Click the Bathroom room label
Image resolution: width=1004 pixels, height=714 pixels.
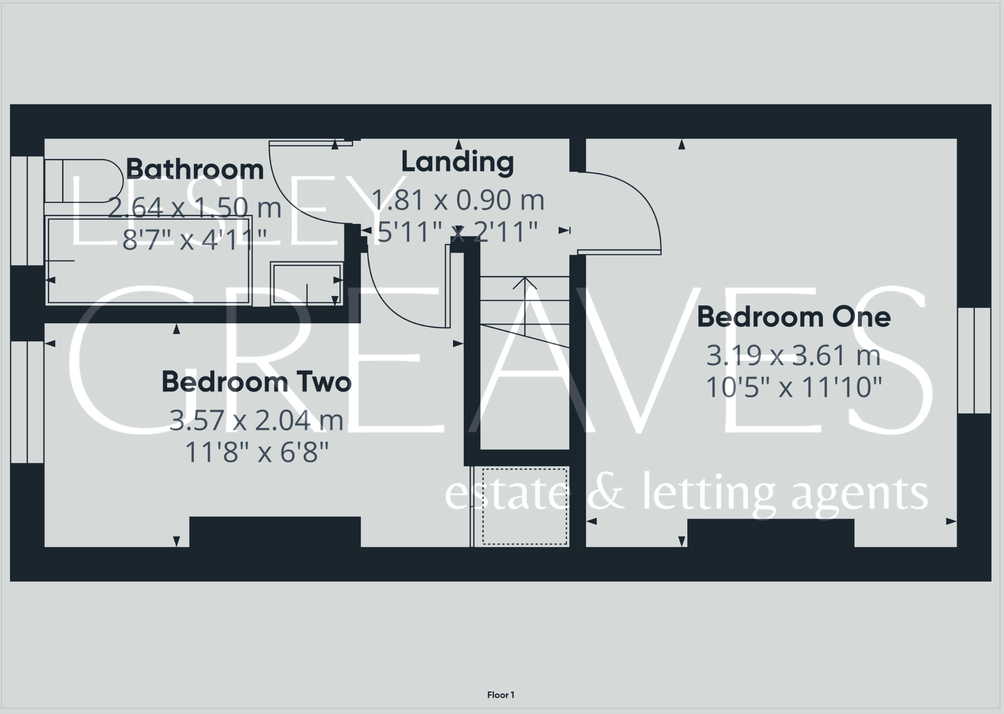pos(194,170)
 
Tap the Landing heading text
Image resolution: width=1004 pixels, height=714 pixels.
pos(457,162)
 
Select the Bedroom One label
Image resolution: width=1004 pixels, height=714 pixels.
pos(793,317)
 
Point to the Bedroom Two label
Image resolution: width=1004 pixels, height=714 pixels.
pos(256,382)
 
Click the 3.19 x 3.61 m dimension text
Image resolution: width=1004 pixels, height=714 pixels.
pos(793,355)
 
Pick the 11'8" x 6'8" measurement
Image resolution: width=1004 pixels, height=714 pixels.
pos(257,452)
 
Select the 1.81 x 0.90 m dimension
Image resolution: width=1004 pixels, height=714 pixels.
pos(458,200)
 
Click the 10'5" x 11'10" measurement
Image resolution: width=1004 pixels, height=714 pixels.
pos(793,388)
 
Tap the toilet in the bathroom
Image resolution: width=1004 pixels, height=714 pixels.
pos(83,181)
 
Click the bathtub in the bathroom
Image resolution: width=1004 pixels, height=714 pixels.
pos(149,260)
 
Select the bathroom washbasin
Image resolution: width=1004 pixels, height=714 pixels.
pos(306,283)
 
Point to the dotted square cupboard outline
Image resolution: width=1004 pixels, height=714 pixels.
pos(525,506)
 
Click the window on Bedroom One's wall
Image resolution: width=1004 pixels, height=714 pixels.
pos(974,361)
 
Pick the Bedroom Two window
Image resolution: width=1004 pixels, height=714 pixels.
pos(27,402)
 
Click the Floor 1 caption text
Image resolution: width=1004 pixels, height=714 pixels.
pos(500,695)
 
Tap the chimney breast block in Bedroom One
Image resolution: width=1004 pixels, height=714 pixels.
pos(771,533)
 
